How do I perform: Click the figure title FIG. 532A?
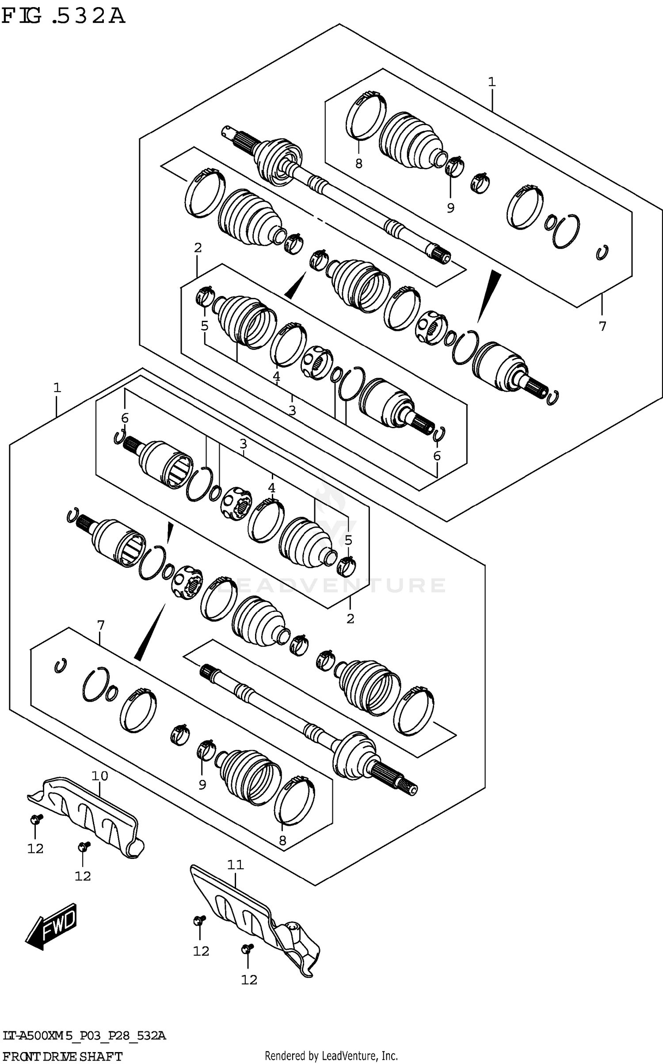[x=63, y=16]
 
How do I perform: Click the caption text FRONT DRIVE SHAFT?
[x=61, y=1056]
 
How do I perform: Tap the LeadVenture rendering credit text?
[x=331, y=1056]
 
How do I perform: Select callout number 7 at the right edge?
[x=602, y=326]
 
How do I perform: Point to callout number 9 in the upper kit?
[x=450, y=208]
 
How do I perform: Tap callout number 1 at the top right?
[x=492, y=82]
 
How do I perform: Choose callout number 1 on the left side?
[x=57, y=388]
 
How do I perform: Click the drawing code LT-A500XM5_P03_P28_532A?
[x=84, y=1036]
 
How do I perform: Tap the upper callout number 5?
[x=204, y=326]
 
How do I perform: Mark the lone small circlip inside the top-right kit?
[x=602, y=252]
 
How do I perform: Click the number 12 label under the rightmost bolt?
[x=249, y=980]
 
